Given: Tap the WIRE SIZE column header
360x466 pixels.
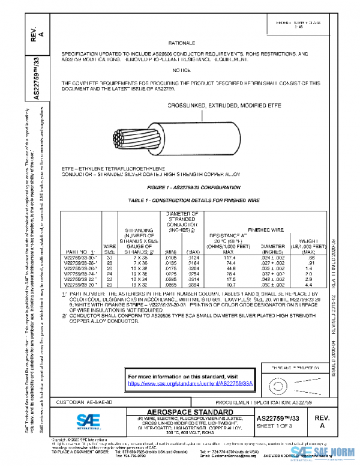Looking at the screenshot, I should click(110, 248).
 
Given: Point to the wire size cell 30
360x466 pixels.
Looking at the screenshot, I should click(109, 257).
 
